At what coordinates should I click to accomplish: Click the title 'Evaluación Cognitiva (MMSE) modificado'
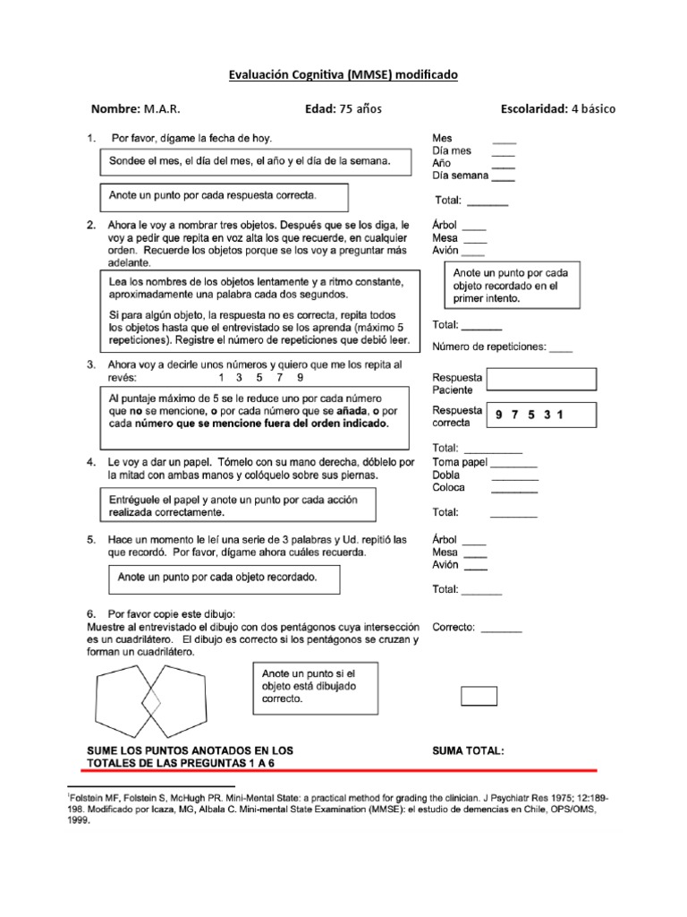pos(343,76)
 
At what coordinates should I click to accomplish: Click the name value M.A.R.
pos(161,109)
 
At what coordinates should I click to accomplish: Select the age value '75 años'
pos(359,109)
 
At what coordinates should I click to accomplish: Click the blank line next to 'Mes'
pos(504,141)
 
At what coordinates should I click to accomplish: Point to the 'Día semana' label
pos(460,176)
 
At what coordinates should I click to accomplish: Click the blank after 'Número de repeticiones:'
pos(561,351)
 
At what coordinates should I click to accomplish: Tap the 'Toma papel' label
pos(459,463)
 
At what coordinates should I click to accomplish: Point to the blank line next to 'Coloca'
pos(514,492)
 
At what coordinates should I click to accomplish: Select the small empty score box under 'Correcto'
pos(479,696)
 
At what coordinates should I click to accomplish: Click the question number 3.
pos(90,365)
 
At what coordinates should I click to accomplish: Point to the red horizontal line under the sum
pos(340,769)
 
